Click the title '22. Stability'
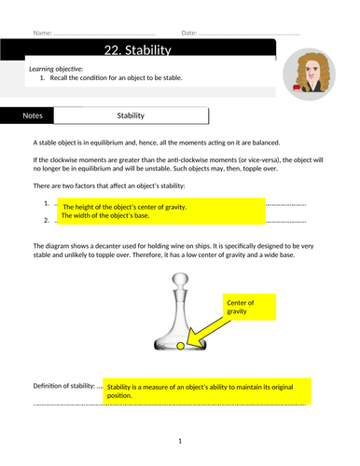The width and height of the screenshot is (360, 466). [137, 50]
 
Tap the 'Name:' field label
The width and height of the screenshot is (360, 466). [43, 33]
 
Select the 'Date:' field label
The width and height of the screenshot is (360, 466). [189, 33]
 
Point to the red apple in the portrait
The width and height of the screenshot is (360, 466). [297, 87]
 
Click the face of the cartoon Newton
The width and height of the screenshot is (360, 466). [312, 71]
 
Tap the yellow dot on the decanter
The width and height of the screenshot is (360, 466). [180, 346]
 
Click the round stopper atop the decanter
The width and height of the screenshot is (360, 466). [180, 280]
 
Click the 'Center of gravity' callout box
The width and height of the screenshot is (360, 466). [249, 307]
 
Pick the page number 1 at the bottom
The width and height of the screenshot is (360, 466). [180, 441]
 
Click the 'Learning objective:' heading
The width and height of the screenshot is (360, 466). [56, 69]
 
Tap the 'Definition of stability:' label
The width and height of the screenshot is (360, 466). [64, 386]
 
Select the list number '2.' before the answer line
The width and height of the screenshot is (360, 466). [47, 220]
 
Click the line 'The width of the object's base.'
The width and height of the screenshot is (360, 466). [105, 215]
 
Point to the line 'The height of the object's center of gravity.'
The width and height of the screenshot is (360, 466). [125, 207]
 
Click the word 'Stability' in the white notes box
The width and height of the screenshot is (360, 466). [131, 116]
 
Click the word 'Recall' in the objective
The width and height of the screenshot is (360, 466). [59, 78]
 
